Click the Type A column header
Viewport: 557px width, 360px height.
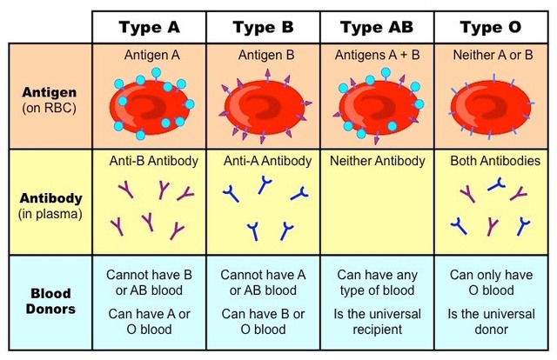point(149,27)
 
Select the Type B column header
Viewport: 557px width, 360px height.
point(263,27)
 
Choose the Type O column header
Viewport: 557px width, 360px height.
point(493,27)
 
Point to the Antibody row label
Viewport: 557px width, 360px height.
point(49,203)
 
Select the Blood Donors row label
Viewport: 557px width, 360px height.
point(49,301)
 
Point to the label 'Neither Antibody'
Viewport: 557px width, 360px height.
point(378,161)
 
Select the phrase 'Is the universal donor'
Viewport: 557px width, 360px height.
point(493,322)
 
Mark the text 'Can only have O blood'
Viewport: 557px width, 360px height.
point(493,283)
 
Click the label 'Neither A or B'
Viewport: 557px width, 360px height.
point(493,55)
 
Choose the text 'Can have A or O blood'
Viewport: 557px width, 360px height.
point(150,322)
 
